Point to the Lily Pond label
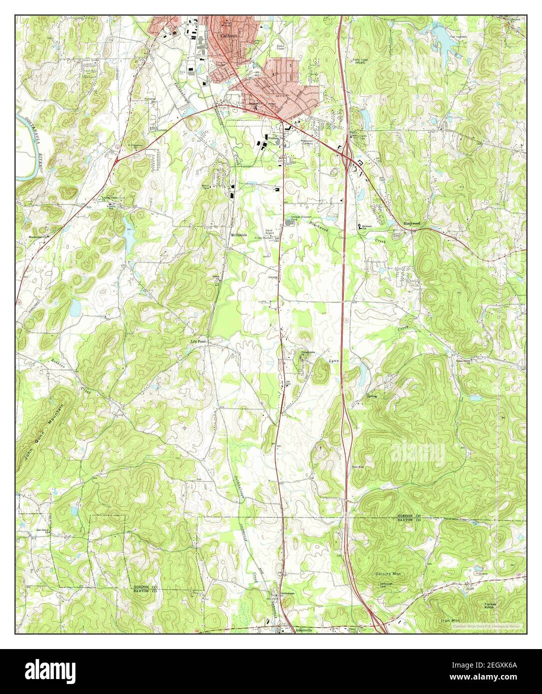(198, 342)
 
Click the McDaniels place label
(238, 235)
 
